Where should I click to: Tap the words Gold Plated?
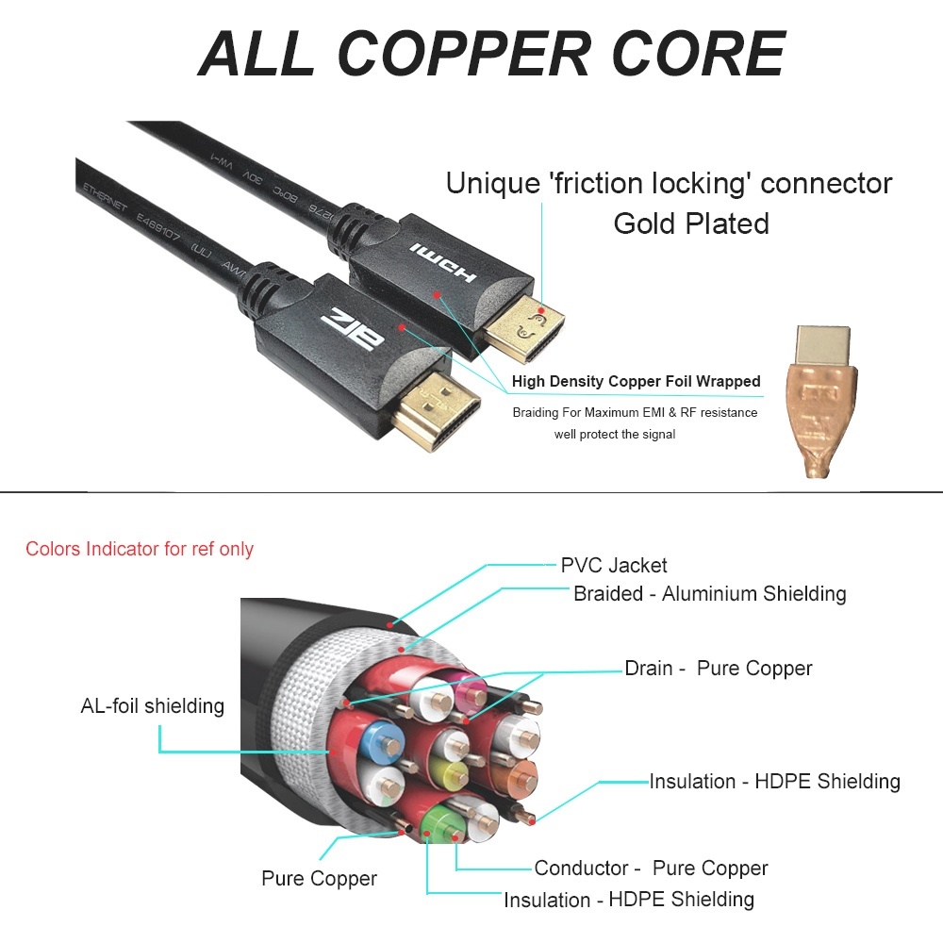click(690, 223)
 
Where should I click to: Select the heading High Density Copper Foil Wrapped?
click(636, 382)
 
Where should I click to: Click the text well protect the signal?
click(615, 435)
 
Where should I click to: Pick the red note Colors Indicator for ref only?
click(140, 549)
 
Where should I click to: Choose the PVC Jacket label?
click(614, 566)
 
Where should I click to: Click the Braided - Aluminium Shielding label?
click(709, 594)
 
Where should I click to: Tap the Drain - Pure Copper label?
click(718, 669)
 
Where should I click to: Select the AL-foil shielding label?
click(153, 705)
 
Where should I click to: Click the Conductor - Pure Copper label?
click(651, 869)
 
